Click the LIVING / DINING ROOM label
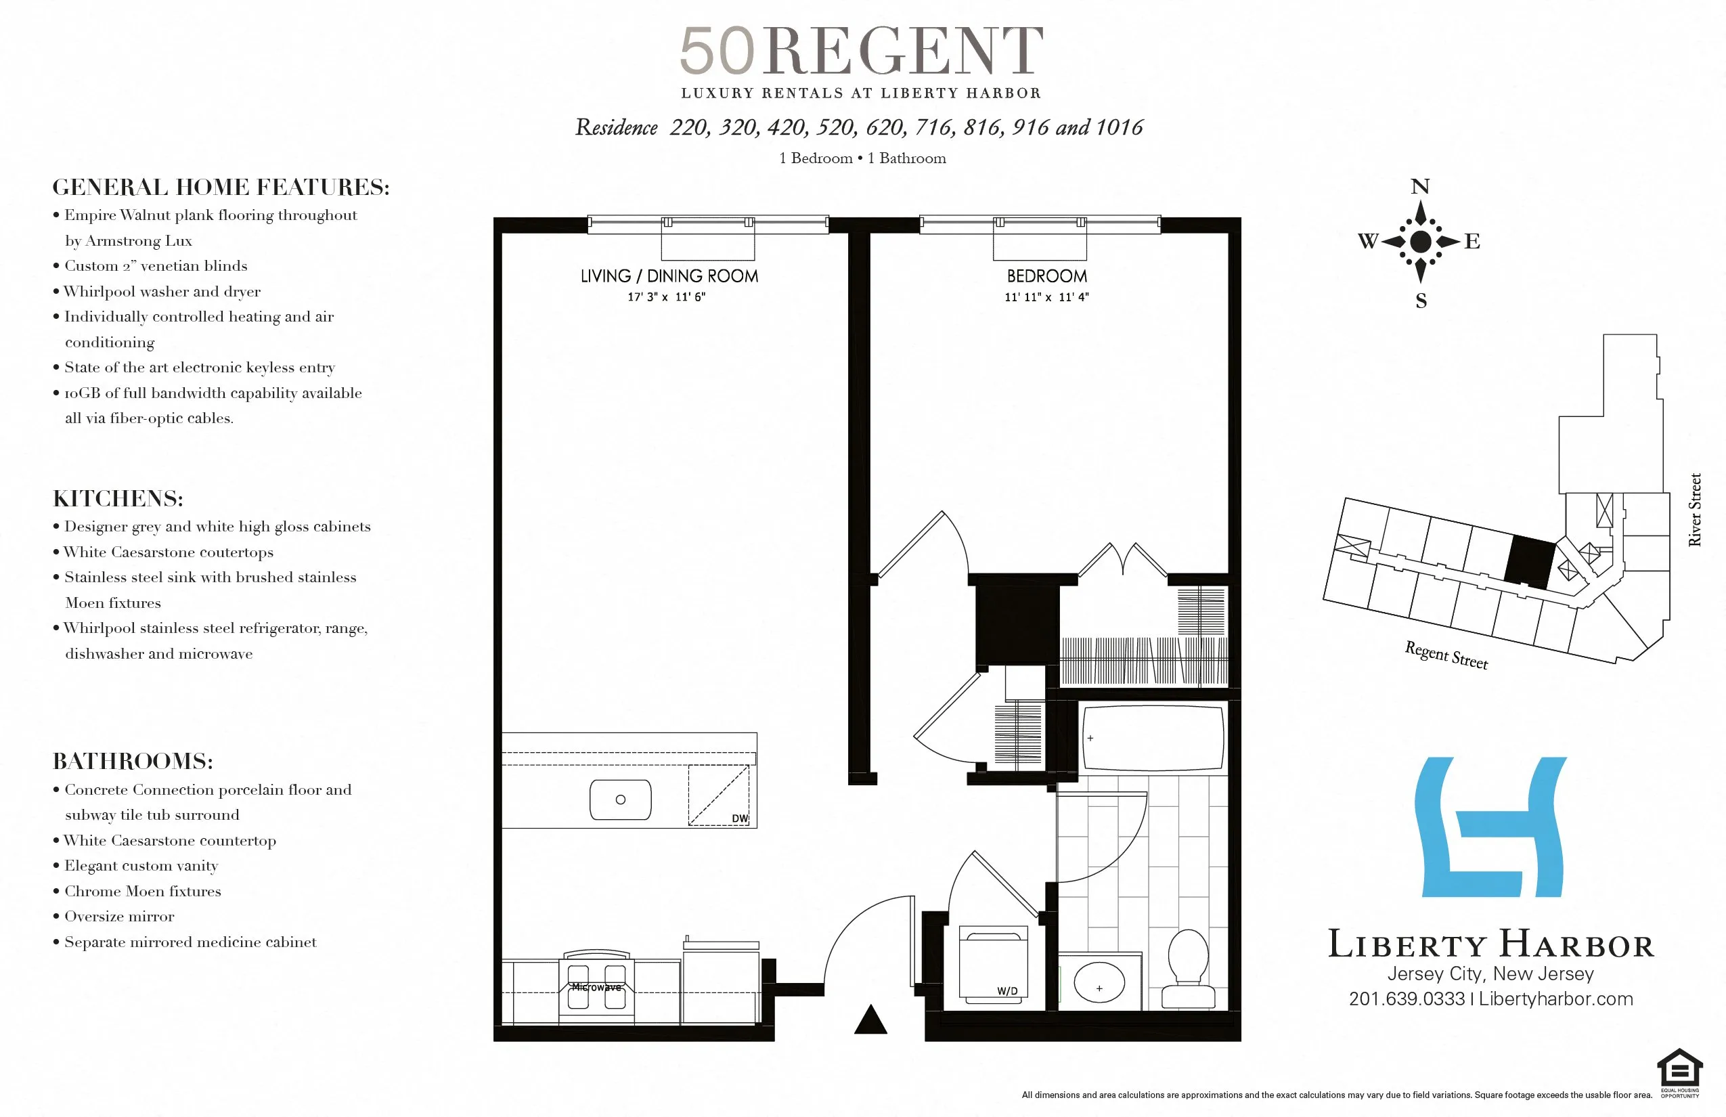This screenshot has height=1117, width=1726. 669,276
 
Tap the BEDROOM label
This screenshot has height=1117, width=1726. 1046,276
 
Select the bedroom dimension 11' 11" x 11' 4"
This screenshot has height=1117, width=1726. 1046,297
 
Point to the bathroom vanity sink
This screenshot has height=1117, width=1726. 1099,984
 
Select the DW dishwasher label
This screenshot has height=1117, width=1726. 739,818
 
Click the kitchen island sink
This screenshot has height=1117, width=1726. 620,800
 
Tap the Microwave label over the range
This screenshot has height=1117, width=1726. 596,987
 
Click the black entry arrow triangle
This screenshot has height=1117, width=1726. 870,1021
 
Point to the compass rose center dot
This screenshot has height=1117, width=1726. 1421,242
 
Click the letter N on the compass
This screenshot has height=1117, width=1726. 1420,186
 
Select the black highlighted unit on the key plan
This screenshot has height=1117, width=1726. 1530,562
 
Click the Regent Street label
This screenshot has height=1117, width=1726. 1446,655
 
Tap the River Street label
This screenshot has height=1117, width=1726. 1694,509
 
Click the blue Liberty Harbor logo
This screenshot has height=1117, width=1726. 1490,827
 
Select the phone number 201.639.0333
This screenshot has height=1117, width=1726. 1407,999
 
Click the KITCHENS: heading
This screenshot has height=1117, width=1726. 118,498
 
